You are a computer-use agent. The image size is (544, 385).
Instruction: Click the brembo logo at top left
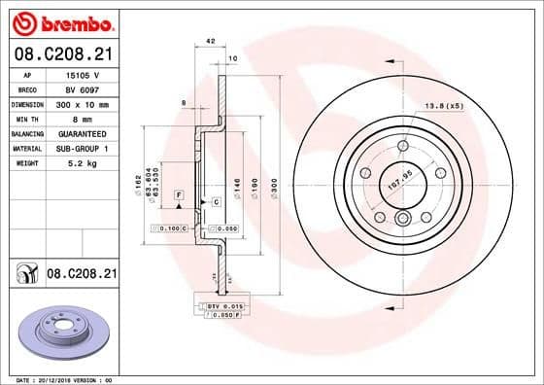point(61,21)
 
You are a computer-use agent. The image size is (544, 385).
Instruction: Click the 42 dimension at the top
point(210,41)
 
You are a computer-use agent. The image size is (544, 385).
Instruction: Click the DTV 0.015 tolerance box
point(221,306)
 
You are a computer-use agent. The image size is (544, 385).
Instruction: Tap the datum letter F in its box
point(179,195)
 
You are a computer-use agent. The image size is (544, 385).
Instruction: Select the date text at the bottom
point(61,378)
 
